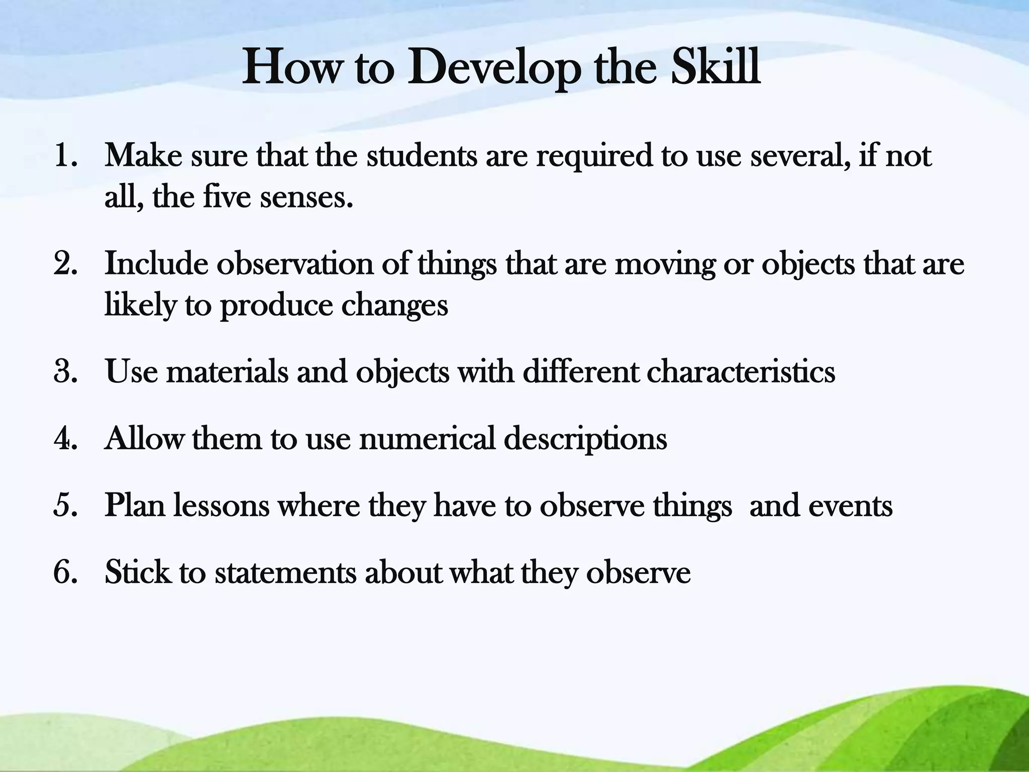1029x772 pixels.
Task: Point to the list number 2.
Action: pos(65,264)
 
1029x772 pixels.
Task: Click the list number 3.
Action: pos(65,372)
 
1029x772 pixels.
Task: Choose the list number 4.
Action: pos(65,439)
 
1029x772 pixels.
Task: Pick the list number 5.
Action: pos(65,506)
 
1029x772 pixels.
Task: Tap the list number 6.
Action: pos(65,572)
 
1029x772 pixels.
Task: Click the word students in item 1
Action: pos(422,155)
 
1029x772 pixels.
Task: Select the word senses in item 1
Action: pos(306,197)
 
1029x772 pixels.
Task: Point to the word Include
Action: pos(156,264)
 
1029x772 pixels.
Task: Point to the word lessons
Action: pos(221,506)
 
